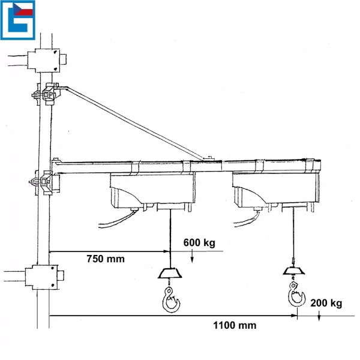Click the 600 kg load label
point(199,242)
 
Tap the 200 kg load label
point(326,303)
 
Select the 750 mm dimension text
point(106,259)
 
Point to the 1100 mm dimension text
point(235,325)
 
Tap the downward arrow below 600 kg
point(192,257)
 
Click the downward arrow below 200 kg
point(319,316)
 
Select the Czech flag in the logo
point(23,9)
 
